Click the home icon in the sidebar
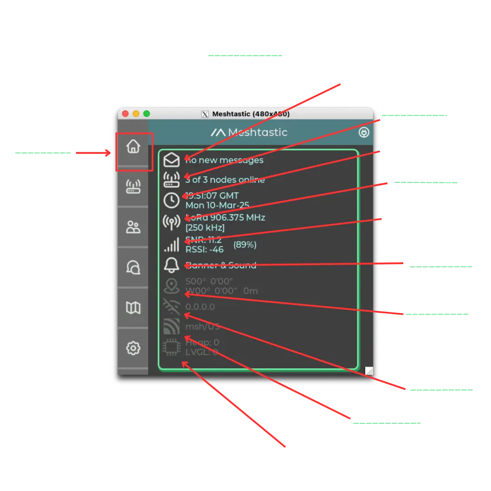(x=133, y=146)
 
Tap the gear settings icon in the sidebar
(x=133, y=348)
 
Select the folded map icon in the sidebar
(x=133, y=308)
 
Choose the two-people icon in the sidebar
(x=133, y=227)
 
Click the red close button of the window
(x=125, y=114)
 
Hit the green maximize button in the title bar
(x=146, y=114)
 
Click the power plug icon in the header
(x=364, y=132)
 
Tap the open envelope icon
(x=171, y=160)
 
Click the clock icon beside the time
(x=171, y=200)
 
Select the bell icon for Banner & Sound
(x=171, y=265)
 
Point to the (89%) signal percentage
(x=245, y=245)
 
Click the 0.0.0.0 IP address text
(x=200, y=307)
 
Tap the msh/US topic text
(x=203, y=326)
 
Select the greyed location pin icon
(x=171, y=286)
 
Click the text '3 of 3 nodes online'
(x=225, y=180)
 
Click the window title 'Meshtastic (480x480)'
(x=251, y=114)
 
